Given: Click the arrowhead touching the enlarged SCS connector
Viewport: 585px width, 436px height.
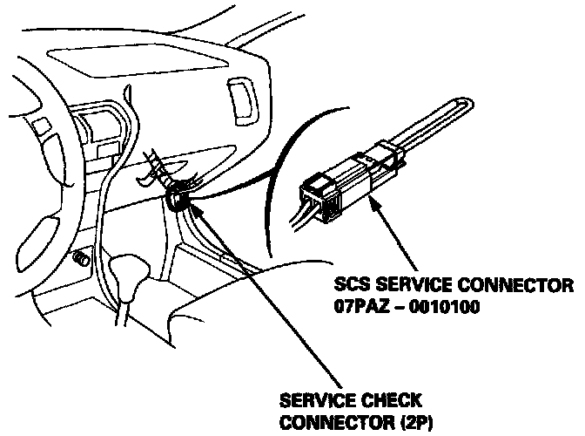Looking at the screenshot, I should (375, 202).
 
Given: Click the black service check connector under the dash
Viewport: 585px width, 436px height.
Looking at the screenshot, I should (176, 200).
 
